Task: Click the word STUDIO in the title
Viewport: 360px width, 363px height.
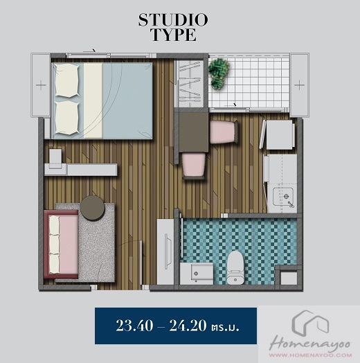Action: tap(173, 20)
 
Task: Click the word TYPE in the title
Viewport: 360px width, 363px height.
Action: tap(174, 35)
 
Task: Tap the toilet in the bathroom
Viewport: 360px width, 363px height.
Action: tap(235, 267)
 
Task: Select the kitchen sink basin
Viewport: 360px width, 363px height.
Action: tap(283, 196)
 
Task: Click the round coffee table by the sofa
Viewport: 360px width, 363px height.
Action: tap(92, 208)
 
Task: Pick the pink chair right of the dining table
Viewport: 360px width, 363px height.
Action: tap(224, 132)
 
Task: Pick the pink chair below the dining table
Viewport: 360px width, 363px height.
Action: tap(193, 166)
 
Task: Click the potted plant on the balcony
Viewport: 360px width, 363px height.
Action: tap(218, 73)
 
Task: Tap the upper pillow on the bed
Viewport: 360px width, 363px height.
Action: tap(66, 80)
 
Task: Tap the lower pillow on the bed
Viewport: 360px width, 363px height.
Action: tap(66, 118)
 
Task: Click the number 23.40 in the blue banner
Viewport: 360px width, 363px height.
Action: tap(134, 326)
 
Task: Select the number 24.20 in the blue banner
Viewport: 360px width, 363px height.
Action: tap(188, 326)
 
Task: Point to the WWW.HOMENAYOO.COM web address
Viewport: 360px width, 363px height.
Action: tap(310, 355)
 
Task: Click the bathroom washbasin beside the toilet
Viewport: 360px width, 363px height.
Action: tap(197, 274)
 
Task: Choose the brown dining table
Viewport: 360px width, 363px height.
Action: tap(193, 132)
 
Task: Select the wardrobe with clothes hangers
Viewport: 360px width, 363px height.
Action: tap(189, 83)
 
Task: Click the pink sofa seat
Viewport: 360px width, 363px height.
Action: tap(62, 245)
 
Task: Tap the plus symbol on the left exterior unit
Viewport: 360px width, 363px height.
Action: tap(41, 85)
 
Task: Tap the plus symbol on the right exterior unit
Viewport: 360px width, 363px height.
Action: tap(299, 85)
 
